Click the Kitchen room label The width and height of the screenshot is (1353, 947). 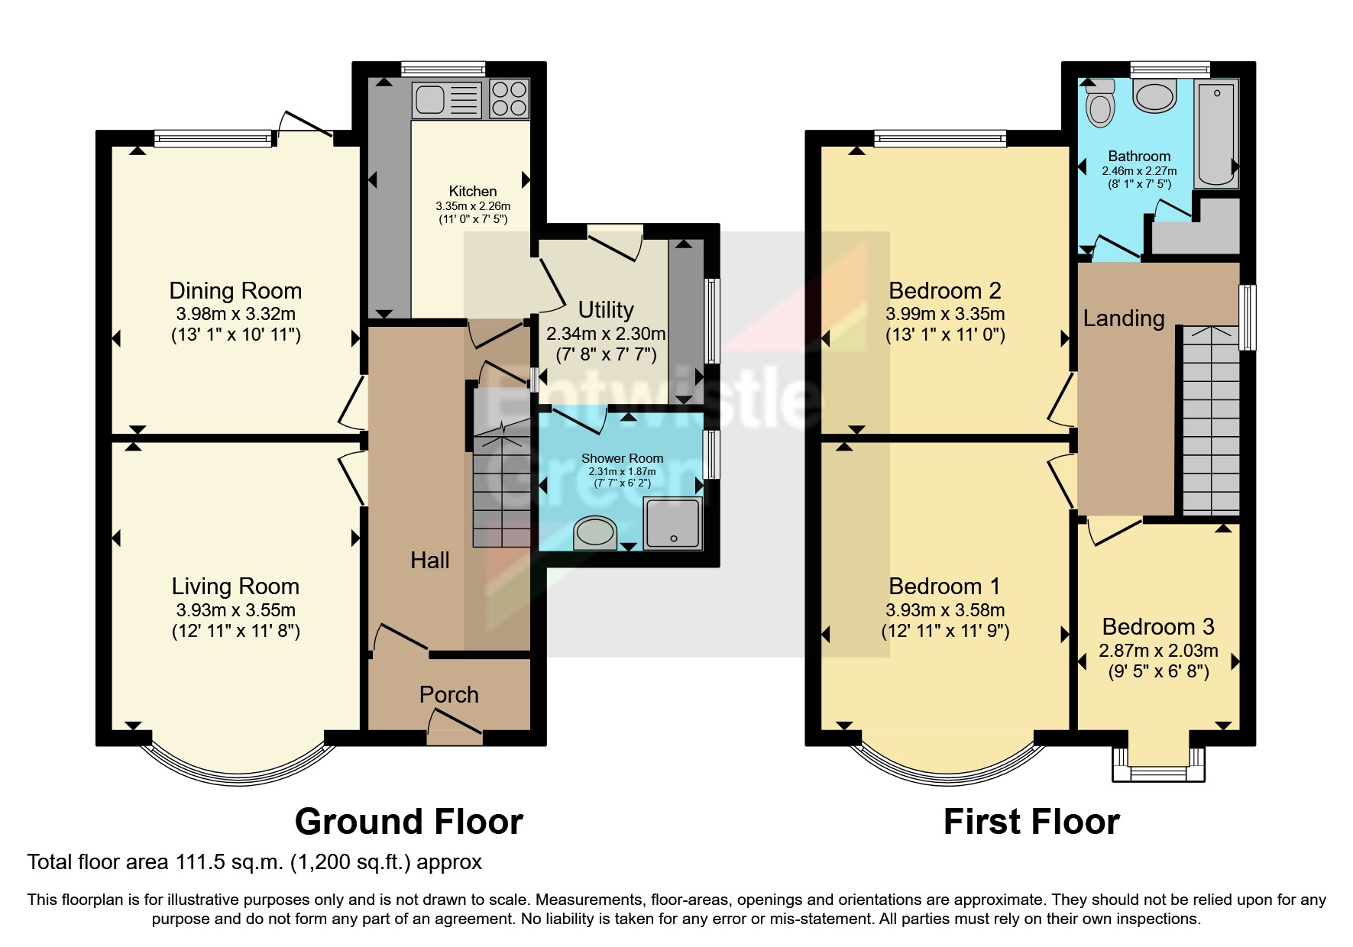472,191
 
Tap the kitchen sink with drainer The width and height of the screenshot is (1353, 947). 446,99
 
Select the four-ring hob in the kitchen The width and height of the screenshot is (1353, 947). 509,99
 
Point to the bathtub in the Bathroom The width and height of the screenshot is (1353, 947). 1215,134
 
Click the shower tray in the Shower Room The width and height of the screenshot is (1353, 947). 673,523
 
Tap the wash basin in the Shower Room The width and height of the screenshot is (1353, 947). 595,532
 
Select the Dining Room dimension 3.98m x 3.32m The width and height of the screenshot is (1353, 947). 235,314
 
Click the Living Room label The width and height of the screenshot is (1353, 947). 235,586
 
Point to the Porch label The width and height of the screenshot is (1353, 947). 448,694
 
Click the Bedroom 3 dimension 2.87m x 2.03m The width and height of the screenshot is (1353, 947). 1158,651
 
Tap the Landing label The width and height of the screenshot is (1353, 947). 1123,318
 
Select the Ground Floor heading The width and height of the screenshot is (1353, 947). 409,822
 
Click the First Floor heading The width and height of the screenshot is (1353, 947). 1031,822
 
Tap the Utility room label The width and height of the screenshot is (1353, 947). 606,309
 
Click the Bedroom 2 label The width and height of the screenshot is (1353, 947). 944,290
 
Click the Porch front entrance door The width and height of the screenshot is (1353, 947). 455,729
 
